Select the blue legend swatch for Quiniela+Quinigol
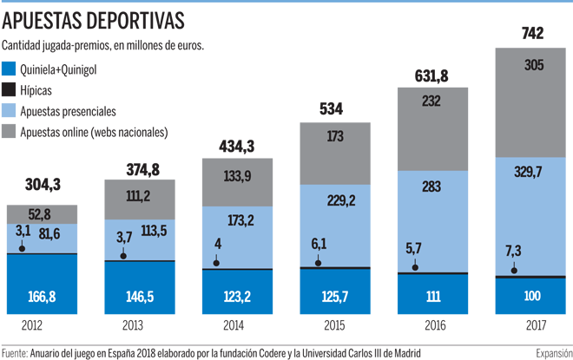click(x=10, y=69)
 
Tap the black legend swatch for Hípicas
click(x=10, y=90)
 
